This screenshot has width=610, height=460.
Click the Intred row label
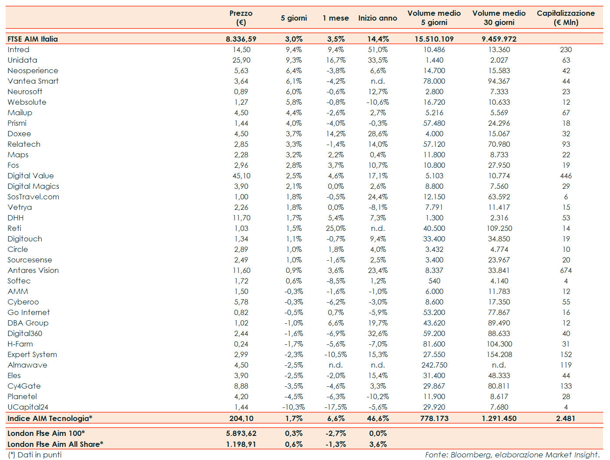pos(18,50)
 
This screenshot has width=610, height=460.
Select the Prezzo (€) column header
pos(241,18)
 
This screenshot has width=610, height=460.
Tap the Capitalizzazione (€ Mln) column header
pos(566,18)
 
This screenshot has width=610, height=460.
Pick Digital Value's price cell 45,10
pos(241,176)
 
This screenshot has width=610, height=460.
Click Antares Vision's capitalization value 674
pos(566,270)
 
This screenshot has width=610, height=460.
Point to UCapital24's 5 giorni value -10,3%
pos(293,407)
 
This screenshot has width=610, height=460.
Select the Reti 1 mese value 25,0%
pos(335,228)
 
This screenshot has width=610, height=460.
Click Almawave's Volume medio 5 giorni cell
pos(434,365)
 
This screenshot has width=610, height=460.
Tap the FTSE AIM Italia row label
pos(32,39)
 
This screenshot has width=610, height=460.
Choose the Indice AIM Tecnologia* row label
pos(50,418)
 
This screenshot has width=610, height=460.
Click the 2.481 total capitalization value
pos(565,418)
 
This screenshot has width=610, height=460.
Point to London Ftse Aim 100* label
pos(46,433)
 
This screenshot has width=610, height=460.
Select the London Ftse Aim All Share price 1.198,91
pos(241,444)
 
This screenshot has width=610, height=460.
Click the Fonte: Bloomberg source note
pos(512,455)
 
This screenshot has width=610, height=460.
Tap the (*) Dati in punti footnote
pos(35,455)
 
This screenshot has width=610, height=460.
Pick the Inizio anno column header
pos(378,18)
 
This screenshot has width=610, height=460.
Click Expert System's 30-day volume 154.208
pos(499,354)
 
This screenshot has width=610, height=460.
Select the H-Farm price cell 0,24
pos(241,344)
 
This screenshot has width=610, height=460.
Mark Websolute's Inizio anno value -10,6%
pos(378,102)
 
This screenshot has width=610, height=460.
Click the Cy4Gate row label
pos(24,386)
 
